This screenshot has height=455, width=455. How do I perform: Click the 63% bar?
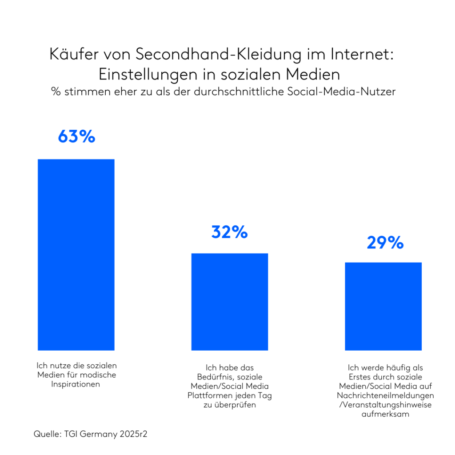pyautogui.click(x=76, y=255)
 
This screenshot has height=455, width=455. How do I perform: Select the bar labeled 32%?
pyautogui.click(x=230, y=302)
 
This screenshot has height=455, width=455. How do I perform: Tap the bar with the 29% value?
pyautogui.click(x=383, y=306)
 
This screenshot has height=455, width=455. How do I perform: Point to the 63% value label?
pyautogui.click(x=76, y=137)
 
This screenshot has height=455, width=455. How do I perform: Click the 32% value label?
pyautogui.click(x=229, y=232)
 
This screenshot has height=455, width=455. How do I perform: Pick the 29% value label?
pyautogui.click(x=385, y=243)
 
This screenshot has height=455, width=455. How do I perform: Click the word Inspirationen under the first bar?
pyautogui.click(x=75, y=384)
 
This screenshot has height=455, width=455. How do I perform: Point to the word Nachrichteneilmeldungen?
pyautogui.click(x=385, y=395)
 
